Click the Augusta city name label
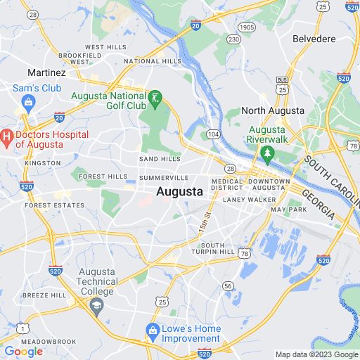(x=179, y=191)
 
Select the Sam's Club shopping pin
(x=28, y=103)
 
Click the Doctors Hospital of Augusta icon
(x=6, y=134)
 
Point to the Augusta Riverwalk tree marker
(x=266, y=153)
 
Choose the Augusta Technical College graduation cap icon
(x=97, y=305)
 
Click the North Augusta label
(x=272, y=110)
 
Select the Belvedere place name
(x=315, y=38)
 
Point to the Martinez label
(x=46, y=72)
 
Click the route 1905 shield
(x=246, y=27)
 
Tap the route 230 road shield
(x=233, y=39)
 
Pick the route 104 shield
(x=213, y=134)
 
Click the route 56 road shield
(x=227, y=285)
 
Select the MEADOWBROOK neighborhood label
(x=49, y=342)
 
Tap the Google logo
(x=23, y=352)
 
